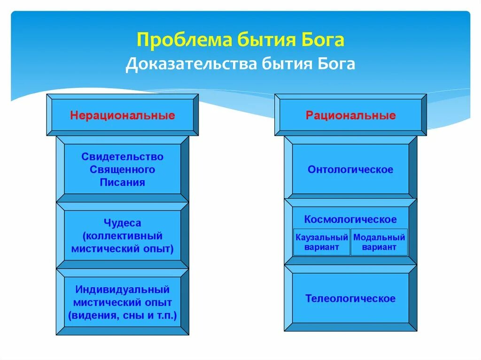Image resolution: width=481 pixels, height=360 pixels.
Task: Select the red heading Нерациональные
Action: pyautogui.click(x=123, y=115)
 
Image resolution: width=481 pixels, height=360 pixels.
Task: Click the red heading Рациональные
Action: pyautogui.click(x=350, y=115)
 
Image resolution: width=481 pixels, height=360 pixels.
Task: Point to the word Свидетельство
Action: pyautogui.click(x=123, y=156)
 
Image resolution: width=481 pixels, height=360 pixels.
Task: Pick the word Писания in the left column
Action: pyautogui.click(x=123, y=183)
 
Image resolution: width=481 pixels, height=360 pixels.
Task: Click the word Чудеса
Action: pyautogui.click(x=123, y=223)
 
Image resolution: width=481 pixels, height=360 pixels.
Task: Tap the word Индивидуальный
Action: pyautogui.click(x=123, y=290)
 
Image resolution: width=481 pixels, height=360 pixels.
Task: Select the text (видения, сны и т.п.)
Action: pyautogui.click(x=123, y=315)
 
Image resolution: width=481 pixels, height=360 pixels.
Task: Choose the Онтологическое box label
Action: pyautogui.click(x=350, y=169)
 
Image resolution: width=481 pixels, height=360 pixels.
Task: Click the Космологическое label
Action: pyautogui.click(x=350, y=219)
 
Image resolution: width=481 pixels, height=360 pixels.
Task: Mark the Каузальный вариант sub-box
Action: pyautogui.click(x=322, y=242)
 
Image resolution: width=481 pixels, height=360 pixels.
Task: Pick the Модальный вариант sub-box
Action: pyautogui.click(x=379, y=242)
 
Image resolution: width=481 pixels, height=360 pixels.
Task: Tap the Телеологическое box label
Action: pyautogui.click(x=350, y=299)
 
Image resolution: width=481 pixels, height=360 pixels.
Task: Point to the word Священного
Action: pyautogui.click(x=123, y=169)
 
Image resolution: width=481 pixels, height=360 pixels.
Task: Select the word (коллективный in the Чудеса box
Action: pyautogui.click(x=123, y=236)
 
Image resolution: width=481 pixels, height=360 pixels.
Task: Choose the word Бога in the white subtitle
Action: pyautogui.click(x=334, y=64)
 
